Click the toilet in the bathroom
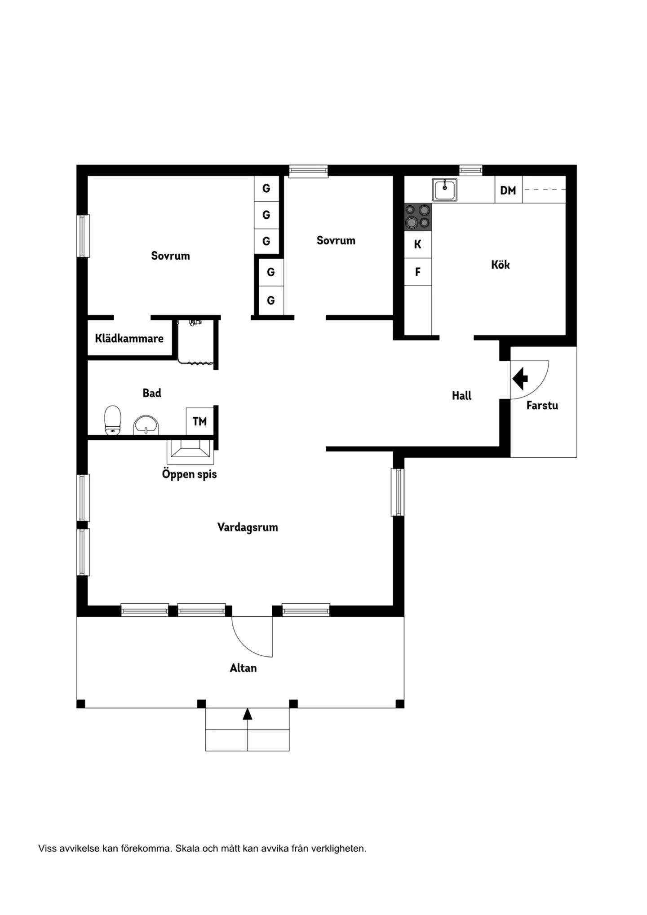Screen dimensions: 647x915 tap(113, 420)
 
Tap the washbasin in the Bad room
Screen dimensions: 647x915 tap(146, 425)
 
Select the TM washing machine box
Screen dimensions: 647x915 tap(199, 421)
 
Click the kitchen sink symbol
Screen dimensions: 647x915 tap(445, 190)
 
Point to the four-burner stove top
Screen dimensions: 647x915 tap(418, 217)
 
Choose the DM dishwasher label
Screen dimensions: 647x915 tap(508, 190)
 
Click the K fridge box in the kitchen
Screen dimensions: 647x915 tap(418, 244)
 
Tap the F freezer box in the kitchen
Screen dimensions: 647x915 tap(418, 272)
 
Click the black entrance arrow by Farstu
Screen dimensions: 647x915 tap(520, 379)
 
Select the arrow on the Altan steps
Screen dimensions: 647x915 tap(247, 714)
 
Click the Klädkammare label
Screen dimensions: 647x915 tap(129, 338)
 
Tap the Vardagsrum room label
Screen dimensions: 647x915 tap(248, 527)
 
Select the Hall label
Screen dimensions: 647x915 tap(461, 396)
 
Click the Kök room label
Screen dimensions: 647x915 tap(500, 265)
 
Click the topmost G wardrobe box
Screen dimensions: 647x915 tap(266, 189)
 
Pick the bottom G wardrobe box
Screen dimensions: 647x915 tap(270, 301)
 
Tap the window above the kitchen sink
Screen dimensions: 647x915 tap(470, 170)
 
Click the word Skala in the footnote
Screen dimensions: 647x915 tap(187, 849)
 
